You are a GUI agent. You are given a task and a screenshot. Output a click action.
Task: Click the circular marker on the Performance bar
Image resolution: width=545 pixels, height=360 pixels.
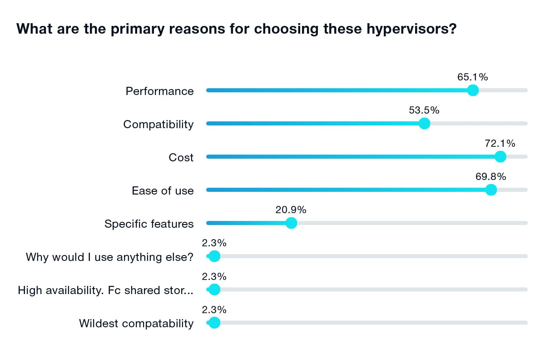pos(473,90)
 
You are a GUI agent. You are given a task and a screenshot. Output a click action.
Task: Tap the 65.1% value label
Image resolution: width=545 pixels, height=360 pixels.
pos(472,77)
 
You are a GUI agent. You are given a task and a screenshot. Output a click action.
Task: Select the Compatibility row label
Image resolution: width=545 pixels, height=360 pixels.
pos(158,125)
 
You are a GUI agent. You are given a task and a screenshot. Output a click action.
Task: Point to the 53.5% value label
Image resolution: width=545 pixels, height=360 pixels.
pos(424,110)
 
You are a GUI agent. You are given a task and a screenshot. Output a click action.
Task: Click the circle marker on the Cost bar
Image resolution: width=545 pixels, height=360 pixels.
pos(500,156)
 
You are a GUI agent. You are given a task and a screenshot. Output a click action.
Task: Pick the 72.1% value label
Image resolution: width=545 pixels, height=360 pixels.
pos(500,144)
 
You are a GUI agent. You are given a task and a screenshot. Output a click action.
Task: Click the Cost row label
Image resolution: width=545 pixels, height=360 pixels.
pos(181,158)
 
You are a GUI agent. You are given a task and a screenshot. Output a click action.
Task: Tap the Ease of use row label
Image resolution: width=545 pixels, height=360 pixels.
pos(163,191)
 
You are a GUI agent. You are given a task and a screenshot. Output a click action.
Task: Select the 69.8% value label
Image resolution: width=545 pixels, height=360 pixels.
pos(490,177)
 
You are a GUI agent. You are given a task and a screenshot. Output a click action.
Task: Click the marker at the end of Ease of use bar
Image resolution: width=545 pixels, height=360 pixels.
pos(490,190)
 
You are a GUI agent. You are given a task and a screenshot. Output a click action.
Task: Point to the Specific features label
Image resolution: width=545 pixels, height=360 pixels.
pos(149,224)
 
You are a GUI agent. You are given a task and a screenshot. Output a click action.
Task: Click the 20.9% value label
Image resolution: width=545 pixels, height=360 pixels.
pos(291,210)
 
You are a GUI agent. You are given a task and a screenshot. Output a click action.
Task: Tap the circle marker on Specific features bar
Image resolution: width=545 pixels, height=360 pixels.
pos(291,223)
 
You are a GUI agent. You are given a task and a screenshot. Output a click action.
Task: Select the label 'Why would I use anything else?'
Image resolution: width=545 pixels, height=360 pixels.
pos(109,257)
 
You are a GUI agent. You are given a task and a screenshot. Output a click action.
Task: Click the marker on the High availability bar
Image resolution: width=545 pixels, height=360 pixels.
pos(214,289)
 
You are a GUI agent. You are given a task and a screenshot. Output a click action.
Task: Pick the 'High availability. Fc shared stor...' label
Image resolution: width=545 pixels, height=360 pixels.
pos(105,290)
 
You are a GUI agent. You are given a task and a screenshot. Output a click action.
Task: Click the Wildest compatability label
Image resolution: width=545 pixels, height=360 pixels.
pos(136,324)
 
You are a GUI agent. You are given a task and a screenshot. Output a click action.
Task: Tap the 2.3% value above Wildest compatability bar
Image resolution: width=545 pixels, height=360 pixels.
pos(214,310)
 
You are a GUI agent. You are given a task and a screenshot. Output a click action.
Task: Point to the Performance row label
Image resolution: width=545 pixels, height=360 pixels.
pos(159,91)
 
